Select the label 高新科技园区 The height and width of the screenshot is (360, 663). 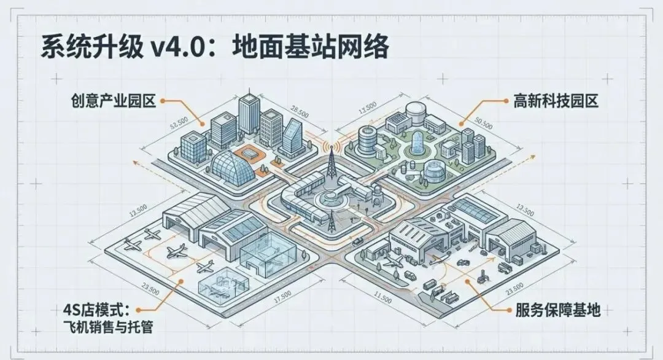click(x=556, y=100)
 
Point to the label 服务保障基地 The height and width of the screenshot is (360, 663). click(x=556, y=310)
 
